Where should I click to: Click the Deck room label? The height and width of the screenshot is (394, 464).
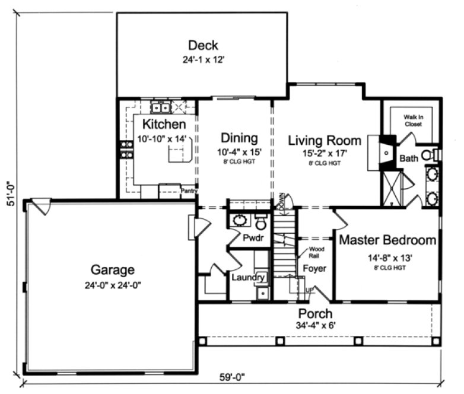203,45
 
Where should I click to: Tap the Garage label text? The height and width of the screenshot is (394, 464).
112,270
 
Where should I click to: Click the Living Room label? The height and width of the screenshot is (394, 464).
324,141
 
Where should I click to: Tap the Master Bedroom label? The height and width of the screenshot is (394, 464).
387,241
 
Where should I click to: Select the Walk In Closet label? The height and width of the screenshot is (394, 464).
413,121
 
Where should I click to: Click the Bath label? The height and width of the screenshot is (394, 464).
409,158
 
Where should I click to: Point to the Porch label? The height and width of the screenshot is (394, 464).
315,313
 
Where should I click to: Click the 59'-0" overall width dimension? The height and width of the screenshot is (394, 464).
231,376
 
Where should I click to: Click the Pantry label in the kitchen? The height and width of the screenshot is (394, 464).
189,191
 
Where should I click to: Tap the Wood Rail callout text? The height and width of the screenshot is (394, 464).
316,252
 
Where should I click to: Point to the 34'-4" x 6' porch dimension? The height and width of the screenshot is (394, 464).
315,326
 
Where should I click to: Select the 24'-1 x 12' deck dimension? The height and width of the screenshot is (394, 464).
203,59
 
